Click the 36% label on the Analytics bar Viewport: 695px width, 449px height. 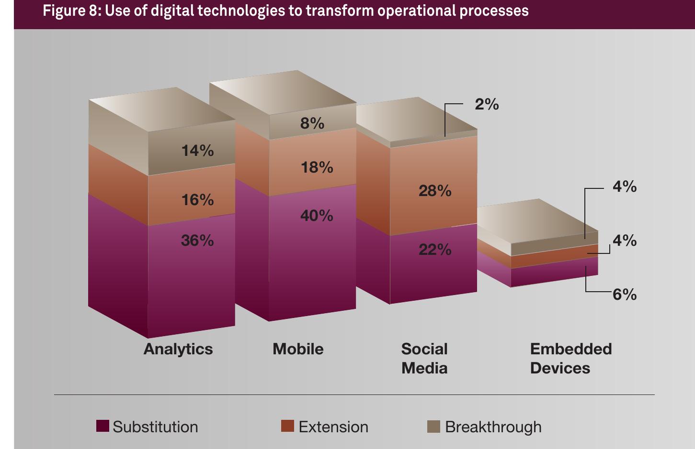point(197,241)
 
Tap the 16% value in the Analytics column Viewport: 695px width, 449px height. point(197,200)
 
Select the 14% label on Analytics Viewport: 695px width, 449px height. point(197,151)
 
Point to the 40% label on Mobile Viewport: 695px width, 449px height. point(317,216)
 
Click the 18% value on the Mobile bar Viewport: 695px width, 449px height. point(317,167)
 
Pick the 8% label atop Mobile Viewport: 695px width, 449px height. point(312,124)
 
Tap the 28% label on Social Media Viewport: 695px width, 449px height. point(435,191)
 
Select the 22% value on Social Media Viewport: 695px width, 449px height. point(435,250)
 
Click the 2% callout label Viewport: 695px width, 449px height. point(487,104)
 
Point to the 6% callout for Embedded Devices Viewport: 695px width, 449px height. point(625,295)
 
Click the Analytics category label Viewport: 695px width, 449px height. point(178,349)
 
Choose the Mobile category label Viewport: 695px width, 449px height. point(298,349)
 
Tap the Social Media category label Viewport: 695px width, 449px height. point(424,359)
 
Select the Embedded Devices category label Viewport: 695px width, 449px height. point(570,359)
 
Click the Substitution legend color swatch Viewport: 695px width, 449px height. point(103,426)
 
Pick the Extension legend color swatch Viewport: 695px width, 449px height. point(287,426)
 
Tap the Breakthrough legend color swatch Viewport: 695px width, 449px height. point(433,427)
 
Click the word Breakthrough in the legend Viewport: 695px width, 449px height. point(493,427)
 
